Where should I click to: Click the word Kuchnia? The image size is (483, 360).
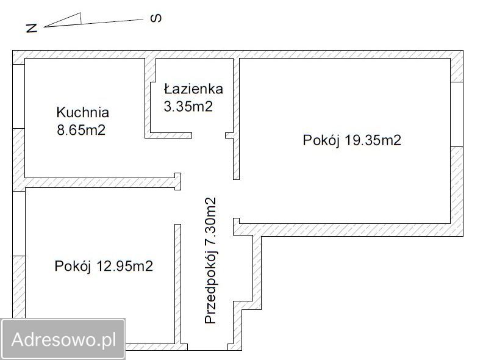coord(82,112)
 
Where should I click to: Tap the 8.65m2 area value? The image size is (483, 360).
coord(80,130)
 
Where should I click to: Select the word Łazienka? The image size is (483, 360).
coord(193,89)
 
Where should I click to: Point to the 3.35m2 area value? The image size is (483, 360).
coord(188,106)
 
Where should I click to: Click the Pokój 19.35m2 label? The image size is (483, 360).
coord(352,140)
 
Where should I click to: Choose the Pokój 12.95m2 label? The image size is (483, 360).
coord(103,266)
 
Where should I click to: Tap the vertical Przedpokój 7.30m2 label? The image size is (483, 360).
coord(211,261)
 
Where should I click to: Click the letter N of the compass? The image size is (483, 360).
coord(32,27)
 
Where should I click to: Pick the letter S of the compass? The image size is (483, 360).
coord(156,18)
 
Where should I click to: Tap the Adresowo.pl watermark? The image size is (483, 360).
coord(63,339)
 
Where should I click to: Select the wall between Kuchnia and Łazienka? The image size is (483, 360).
coord(148,98)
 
